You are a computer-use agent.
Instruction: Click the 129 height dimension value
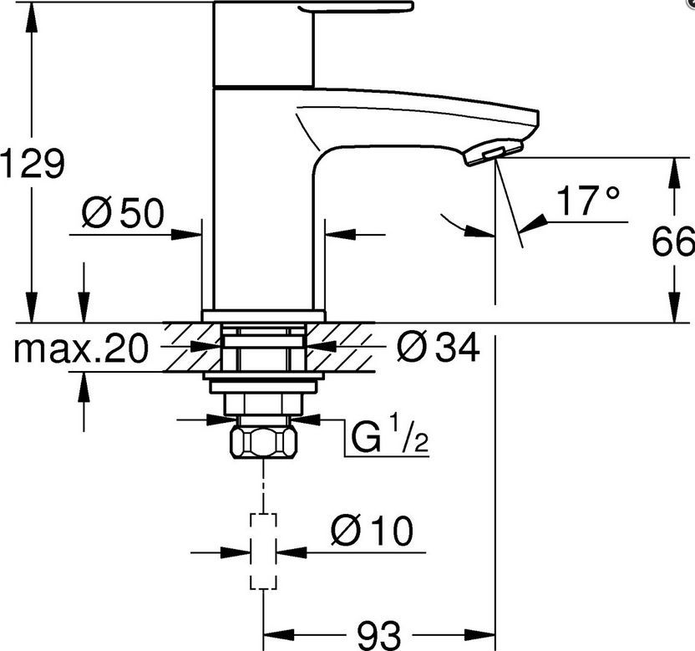[x=32, y=163]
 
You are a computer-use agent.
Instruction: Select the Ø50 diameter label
[x=123, y=212]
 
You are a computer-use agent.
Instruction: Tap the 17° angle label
[x=588, y=200]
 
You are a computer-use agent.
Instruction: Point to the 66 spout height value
[x=672, y=242]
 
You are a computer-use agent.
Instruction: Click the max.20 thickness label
[x=80, y=348]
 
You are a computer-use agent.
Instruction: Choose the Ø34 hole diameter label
[x=438, y=348]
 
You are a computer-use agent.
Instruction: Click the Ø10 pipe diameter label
[x=372, y=531]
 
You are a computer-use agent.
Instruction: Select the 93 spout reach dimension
[x=379, y=635]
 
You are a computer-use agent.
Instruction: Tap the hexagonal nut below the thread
[x=264, y=443]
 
